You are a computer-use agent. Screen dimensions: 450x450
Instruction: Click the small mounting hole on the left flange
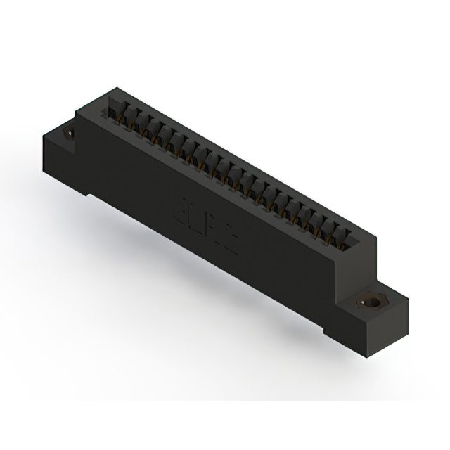(70, 131)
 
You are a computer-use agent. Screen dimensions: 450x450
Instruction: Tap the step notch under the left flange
(87, 194)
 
